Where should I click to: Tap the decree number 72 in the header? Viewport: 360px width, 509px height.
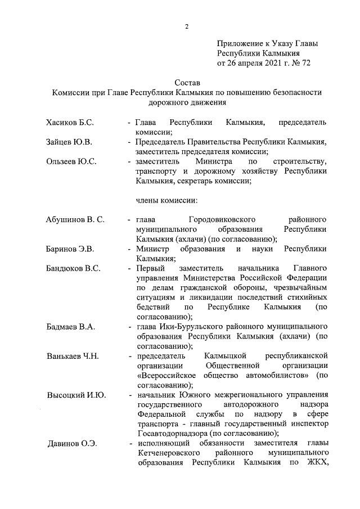tap(305, 63)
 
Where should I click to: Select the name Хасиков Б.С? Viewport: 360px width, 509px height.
tap(70, 122)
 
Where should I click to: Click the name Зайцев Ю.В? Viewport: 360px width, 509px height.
tap(69, 142)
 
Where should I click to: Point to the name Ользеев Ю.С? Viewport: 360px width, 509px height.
tap(71, 161)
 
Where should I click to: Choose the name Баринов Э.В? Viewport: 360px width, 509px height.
tap(70, 249)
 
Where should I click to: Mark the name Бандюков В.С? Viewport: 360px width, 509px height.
tap(73, 268)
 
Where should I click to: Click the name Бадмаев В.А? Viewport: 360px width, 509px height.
tap(71, 327)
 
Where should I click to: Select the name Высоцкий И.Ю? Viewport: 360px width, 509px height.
tap(76, 395)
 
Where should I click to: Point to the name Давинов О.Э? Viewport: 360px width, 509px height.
tap(72, 444)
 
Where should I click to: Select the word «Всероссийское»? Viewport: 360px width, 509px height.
tap(169, 375)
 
